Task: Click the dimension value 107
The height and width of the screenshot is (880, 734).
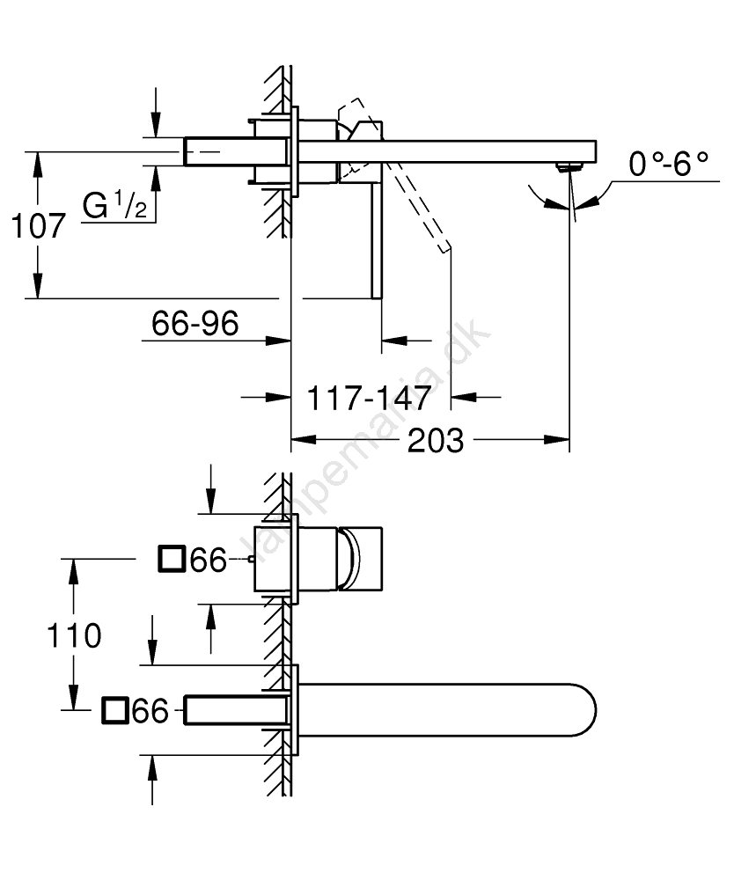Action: (39, 226)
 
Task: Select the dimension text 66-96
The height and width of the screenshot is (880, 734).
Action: (195, 325)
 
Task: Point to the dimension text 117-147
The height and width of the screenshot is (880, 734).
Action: (368, 399)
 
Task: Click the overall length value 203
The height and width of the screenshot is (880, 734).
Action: (436, 440)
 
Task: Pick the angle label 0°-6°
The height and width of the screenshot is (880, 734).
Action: (669, 163)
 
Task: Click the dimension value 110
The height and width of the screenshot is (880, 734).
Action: (73, 634)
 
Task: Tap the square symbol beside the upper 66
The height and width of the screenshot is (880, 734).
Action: (171, 559)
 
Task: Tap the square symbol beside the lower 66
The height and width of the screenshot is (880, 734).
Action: (115, 710)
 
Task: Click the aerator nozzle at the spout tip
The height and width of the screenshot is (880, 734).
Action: (569, 165)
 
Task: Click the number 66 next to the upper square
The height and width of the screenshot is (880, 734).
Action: (209, 560)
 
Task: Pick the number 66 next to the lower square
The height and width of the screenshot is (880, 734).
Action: (150, 711)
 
